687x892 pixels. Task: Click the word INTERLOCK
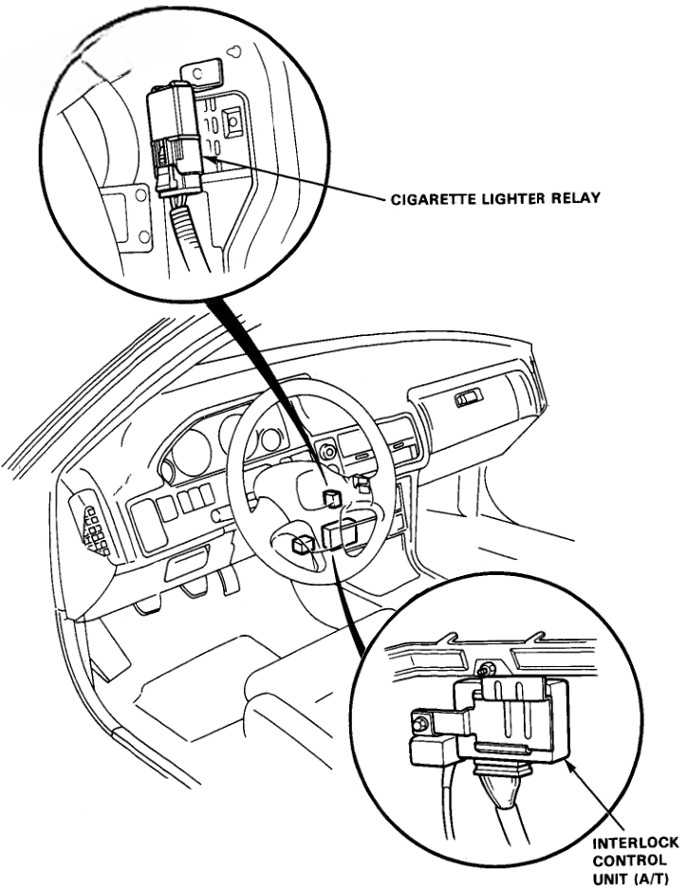tap(630, 843)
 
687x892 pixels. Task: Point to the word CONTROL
tap(622, 860)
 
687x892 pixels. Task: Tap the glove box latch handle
tap(468, 400)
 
